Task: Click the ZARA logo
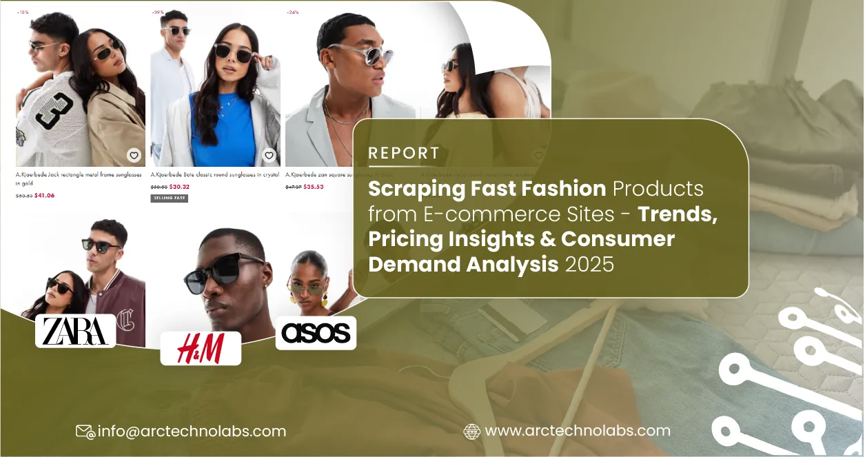(x=75, y=331)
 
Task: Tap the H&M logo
(x=201, y=348)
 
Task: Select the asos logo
(x=316, y=333)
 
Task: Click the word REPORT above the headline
(x=404, y=153)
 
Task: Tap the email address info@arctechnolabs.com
(x=192, y=431)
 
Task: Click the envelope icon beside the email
(x=85, y=431)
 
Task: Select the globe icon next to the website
(x=472, y=431)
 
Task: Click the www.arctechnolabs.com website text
(x=578, y=431)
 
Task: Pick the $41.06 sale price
(x=44, y=195)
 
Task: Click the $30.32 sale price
(x=179, y=187)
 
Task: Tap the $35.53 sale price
(x=314, y=187)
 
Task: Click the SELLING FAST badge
(x=169, y=199)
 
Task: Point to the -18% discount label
(x=23, y=12)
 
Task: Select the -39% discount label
(x=158, y=12)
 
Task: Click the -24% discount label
(x=292, y=12)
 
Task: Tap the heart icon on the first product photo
(x=134, y=155)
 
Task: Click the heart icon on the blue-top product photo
(x=269, y=155)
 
